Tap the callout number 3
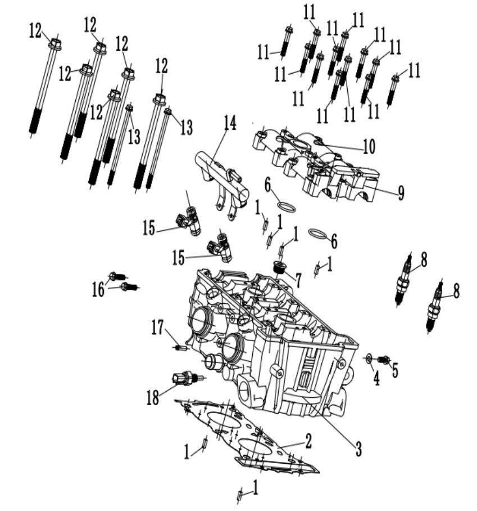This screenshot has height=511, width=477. (x=358, y=449)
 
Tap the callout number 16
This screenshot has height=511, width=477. (x=99, y=289)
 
